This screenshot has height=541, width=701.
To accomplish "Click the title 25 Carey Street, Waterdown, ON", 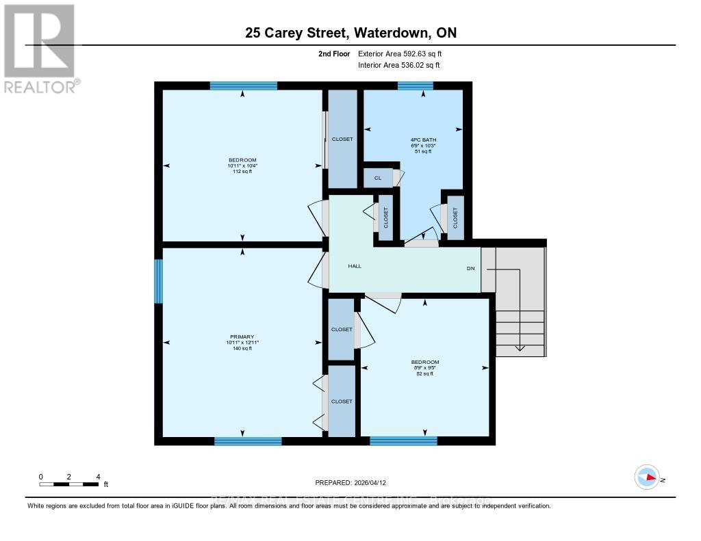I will (350, 32).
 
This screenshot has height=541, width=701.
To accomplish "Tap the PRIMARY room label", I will (242, 337).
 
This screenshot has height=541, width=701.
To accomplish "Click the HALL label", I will (355, 266).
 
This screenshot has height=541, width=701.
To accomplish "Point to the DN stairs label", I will (470, 269).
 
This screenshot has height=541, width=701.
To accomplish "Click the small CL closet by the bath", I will (377, 178).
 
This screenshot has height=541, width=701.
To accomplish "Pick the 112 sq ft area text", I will (242, 172).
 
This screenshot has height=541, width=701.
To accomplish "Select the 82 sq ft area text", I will (424, 374).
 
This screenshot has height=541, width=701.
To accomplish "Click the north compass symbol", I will (647, 477).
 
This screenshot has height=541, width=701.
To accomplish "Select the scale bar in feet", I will (69, 484).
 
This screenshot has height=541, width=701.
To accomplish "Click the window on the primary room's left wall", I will (159, 281).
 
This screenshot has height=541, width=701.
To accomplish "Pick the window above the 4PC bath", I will (416, 85).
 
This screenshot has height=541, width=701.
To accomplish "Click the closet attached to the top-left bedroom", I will (342, 139).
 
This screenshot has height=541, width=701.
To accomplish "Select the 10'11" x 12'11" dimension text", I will (242, 343).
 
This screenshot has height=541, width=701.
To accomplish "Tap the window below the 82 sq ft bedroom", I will (403, 441).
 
